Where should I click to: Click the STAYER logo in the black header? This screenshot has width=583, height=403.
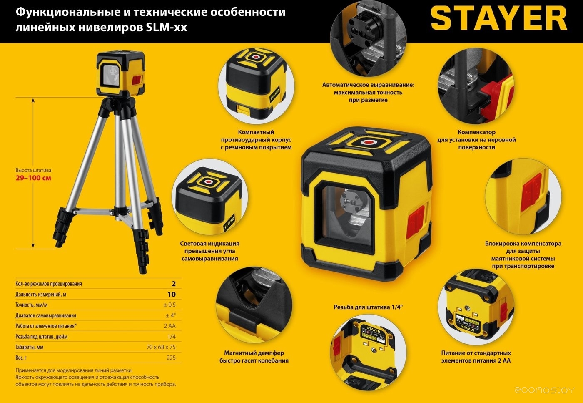coord(499,18)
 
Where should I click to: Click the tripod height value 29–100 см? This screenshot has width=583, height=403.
coord(33,178)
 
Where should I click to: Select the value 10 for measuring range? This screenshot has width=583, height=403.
coord(171,294)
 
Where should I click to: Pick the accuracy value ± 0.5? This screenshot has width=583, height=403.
coord(169,305)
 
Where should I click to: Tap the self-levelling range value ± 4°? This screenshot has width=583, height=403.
coord(170,315)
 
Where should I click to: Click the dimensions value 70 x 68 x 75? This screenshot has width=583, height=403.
coord(161,347)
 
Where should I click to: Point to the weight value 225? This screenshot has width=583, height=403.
coord(171,358)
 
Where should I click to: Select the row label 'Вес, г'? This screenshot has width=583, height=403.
coord(21,358)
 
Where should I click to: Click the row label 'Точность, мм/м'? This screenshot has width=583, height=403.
coord(32,305)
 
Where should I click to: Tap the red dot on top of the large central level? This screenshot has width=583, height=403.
coord(368,142)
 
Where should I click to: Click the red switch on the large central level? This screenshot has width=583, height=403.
coord(416,221)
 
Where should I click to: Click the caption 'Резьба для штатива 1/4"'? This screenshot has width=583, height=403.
coord(368,307)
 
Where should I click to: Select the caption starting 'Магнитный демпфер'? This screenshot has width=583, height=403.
coord(254,357)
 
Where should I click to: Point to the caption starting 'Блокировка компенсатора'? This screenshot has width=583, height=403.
coord(523,254)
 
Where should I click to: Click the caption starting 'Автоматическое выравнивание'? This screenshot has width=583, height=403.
coord(368,92)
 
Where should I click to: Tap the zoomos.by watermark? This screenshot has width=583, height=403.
coord(545,390)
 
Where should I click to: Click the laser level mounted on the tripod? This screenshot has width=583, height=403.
coord(121,73)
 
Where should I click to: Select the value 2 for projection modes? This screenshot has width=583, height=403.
coord(174,284)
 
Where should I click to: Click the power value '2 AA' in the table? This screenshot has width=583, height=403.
coord(170,326)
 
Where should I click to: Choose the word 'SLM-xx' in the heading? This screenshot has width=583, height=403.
coord(166,27)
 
